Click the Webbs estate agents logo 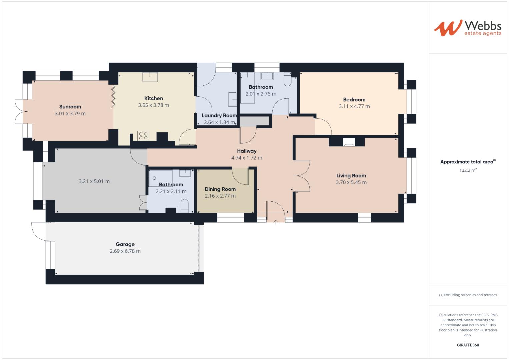467,28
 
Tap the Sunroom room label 70,107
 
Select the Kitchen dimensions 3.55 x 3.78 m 153,105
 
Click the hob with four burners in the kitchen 143,136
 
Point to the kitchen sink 150,77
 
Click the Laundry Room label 219,116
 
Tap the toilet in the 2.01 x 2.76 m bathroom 288,80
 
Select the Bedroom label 354,99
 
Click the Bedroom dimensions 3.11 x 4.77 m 354,106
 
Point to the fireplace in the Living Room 349,142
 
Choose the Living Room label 351,176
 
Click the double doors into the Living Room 302,175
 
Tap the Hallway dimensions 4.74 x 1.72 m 247,158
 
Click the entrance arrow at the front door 276,222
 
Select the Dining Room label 220,189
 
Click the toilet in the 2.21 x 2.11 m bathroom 184,206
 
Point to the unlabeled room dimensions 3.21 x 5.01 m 94,181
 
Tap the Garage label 125,244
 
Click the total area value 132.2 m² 468,170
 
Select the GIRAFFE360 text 468,345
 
